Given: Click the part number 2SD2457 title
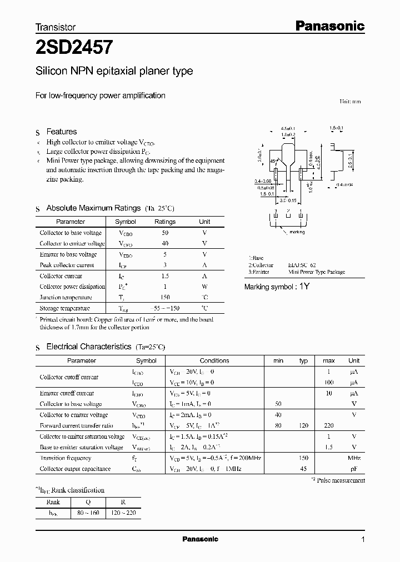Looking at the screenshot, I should [74, 48].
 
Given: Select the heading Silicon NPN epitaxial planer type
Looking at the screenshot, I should [114, 71].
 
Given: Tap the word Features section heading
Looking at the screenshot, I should [61, 132].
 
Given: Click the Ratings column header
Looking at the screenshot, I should [164, 222].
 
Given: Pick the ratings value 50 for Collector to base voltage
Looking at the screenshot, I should [164, 233].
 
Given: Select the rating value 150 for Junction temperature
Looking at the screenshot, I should [164, 297].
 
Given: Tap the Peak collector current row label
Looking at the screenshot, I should [67, 265].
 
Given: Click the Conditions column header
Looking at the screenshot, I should [214, 360].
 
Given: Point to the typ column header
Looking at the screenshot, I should [303, 360].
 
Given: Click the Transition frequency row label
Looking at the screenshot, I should [66, 458].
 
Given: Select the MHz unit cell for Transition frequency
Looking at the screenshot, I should [354, 458].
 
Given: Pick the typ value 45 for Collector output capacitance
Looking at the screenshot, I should [303, 469].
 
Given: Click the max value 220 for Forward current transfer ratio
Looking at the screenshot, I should [328, 426].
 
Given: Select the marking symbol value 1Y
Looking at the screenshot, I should [304, 287].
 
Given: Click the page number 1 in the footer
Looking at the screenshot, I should [363, 540].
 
